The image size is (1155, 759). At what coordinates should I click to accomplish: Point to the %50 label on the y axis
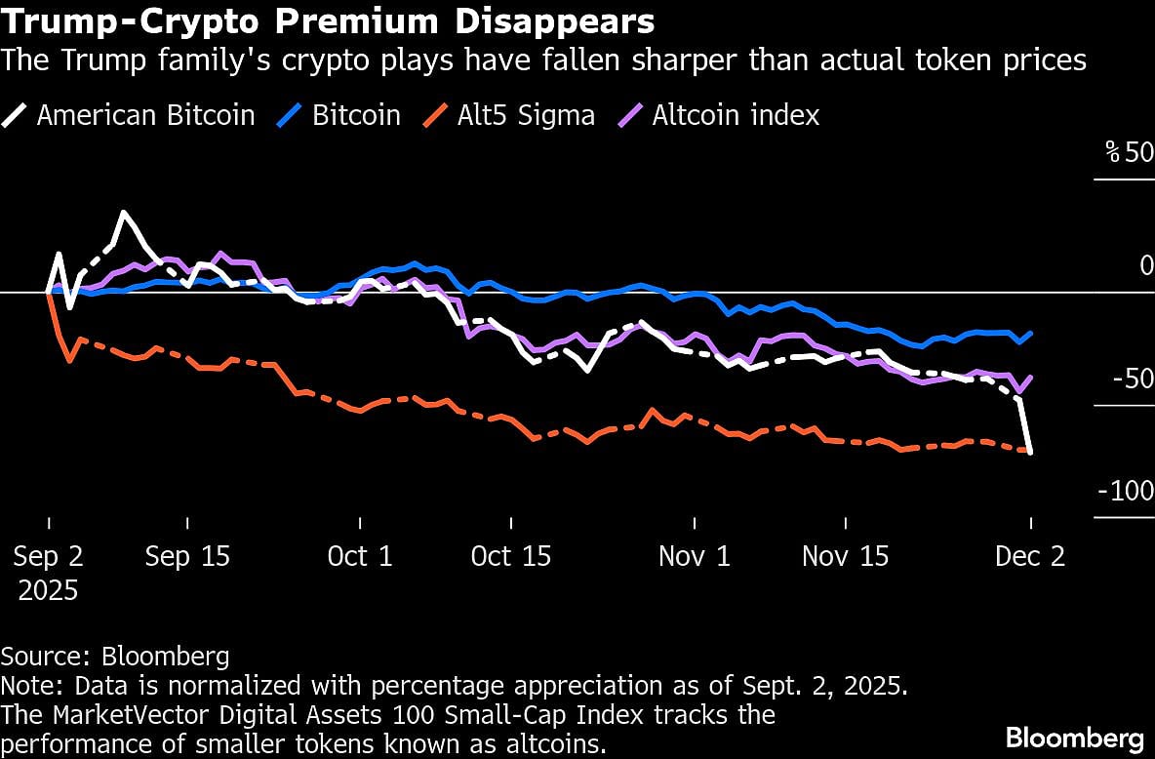click(x=1129, y=153)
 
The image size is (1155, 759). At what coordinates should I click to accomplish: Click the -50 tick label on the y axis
click(x=1133, y=379)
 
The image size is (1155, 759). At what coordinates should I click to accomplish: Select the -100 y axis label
click(x=1126, y=491)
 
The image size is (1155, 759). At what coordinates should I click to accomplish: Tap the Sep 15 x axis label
click(x=187, y=556)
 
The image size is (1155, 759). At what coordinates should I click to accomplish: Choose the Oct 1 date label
click(x=360, y=556)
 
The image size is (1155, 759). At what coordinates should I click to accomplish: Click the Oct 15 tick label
click(x=510, y=556)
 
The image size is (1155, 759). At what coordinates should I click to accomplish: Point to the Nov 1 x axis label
click(x=694, y=556)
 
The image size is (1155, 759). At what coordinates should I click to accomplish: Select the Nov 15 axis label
click(x=845, y=556)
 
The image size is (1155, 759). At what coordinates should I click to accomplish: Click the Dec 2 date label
click(x=1029, y=556)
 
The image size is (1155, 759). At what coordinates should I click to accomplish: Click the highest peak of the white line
click(x=123, y=212)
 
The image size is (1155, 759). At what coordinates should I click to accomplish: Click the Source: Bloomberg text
click(x=115, y=656)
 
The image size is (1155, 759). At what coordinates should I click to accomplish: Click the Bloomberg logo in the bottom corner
click(x=1074, y=737)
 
